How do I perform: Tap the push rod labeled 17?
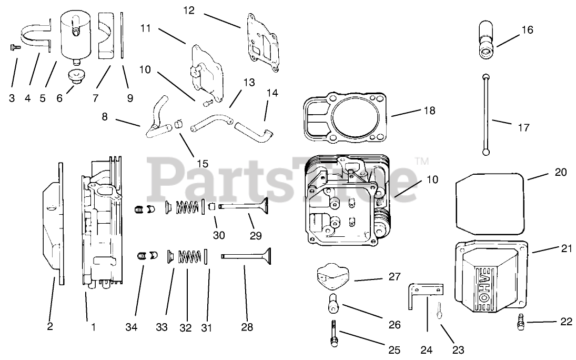(486, 114)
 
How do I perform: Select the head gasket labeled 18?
(347, 116)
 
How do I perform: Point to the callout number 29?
(256, 236)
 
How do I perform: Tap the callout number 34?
(132, 328)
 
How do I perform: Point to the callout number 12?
(189, 11)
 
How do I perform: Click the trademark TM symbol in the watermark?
(421, 161)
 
